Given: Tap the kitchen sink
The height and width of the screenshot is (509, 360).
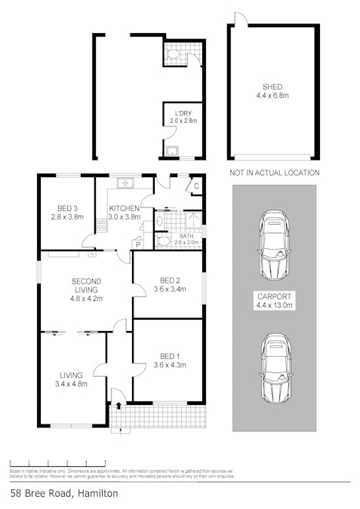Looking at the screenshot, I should (125, 182).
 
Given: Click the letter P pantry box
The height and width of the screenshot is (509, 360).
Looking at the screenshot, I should (138, 243).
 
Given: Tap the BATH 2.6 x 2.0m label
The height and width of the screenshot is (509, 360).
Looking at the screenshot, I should (181, 239).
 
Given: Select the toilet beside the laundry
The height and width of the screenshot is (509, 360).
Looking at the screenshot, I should (172, 54).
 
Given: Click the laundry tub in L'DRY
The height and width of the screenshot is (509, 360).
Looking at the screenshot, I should (173, 150).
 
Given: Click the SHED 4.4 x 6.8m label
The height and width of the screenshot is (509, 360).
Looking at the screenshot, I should (272, 91).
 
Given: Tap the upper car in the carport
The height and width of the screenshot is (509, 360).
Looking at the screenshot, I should (273, 243).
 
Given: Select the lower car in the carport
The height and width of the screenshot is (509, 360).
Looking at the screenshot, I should (273, 369).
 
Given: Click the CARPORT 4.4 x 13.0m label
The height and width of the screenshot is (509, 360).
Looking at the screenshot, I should (273, 301).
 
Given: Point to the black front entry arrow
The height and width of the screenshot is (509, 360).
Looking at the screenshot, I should (118, 406).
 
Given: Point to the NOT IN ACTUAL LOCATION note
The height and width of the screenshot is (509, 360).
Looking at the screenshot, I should (273, 173).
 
